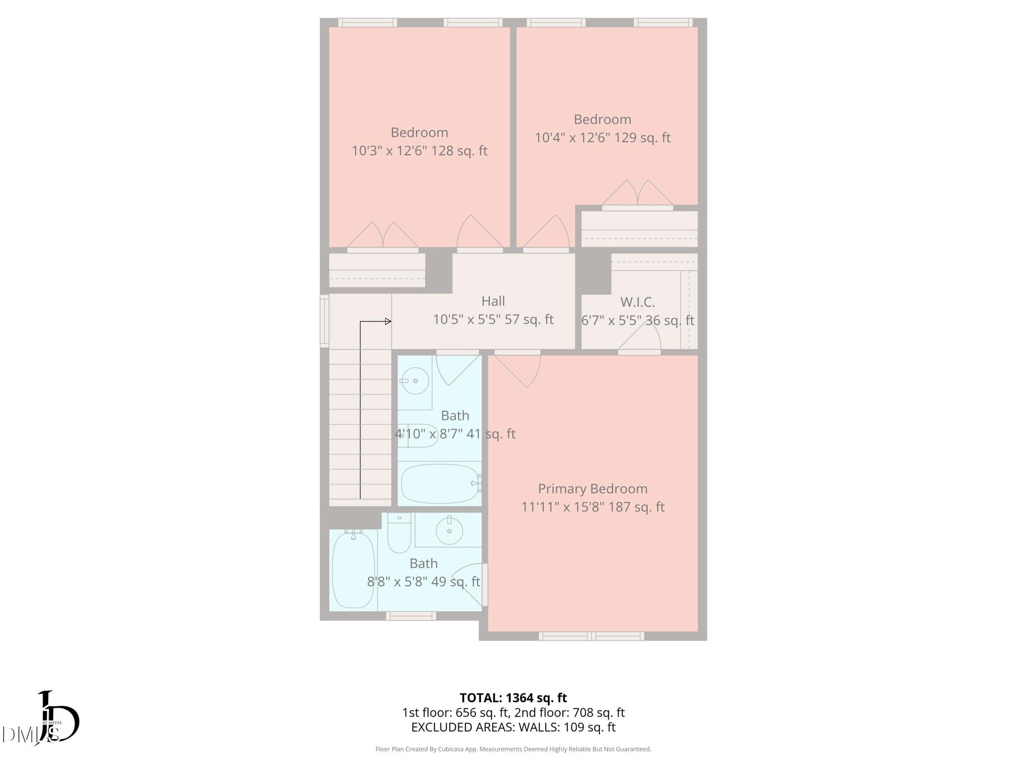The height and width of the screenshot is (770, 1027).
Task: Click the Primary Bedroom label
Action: (x=593, y=489)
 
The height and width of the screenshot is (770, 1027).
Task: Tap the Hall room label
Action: (x=493, y=301)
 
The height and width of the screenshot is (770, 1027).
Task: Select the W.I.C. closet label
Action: (x=637, y=302)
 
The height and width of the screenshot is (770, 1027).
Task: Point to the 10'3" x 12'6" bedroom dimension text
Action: (x=419, y=151)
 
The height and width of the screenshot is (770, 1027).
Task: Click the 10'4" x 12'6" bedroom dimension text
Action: (x=603, y=138)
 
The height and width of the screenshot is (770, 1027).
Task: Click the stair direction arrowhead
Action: (x=388, y=321)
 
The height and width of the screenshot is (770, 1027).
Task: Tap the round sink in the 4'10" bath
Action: (x=414, y=381)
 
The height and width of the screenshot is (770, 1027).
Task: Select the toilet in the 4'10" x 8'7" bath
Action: (x=418, y=436)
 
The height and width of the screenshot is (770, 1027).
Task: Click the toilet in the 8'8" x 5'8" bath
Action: (x=399, y=534)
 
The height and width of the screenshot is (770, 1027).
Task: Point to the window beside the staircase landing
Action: (x=325, y=321)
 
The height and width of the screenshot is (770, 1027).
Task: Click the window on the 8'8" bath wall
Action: (x=411, y=616)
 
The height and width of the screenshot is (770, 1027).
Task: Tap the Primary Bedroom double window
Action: (x=591, y=636)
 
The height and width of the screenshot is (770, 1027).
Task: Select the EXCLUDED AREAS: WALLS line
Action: (x=513, y=727)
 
